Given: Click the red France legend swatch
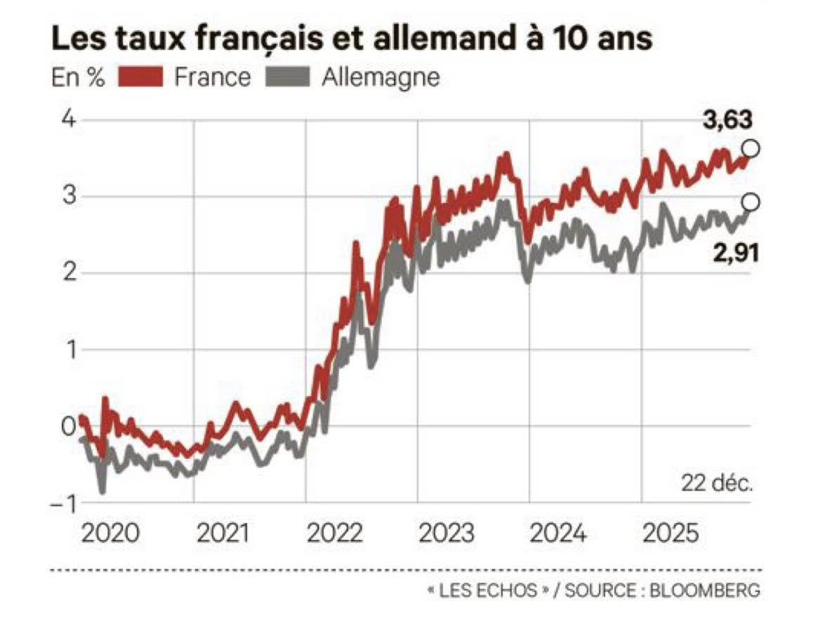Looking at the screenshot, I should pos(140,77).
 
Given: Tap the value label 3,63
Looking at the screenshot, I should pos(728,121).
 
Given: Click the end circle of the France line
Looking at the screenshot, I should pos(751,148).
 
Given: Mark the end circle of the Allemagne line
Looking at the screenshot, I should pos(751,202).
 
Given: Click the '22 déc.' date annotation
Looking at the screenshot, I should pos(715,484).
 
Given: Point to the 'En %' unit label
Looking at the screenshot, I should pos(77,77).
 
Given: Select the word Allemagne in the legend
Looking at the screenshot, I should pos(381,77).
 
